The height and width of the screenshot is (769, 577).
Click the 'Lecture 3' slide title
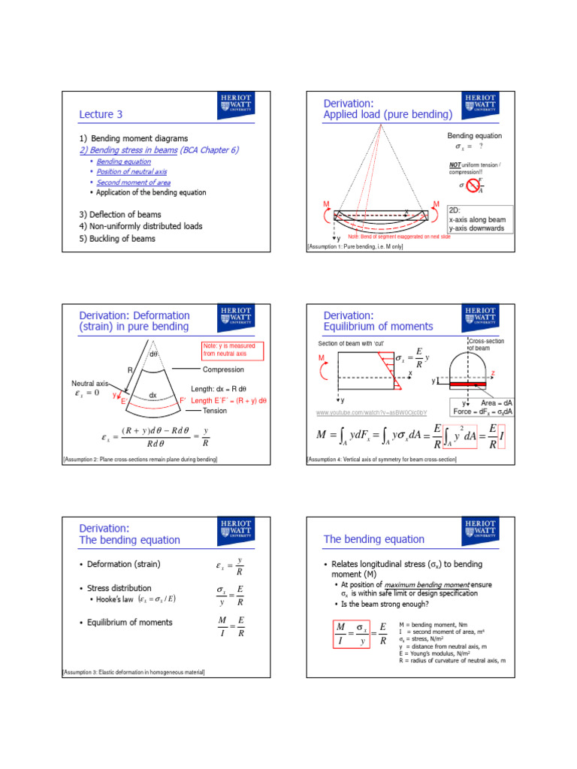point(101,114)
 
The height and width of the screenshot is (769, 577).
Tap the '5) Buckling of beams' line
point(118,239)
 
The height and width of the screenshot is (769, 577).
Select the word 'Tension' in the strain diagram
point(215,411)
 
